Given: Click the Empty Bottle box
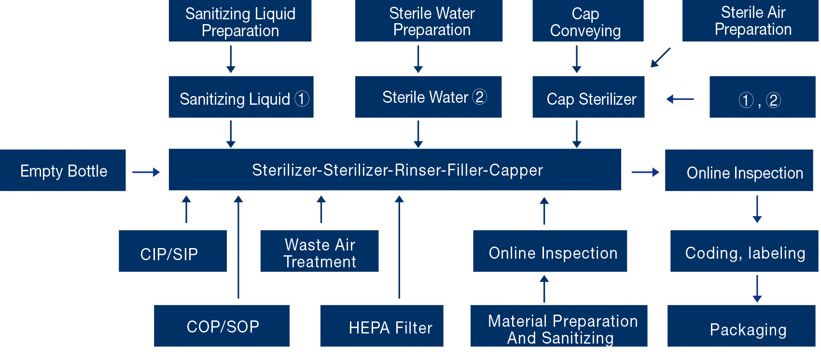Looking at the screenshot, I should coord(63,170).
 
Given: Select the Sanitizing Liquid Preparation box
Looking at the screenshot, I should coord(240,21).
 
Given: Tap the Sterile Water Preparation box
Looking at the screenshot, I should coord(429,21).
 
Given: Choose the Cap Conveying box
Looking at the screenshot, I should coord(587,21).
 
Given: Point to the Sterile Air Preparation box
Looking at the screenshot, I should coord(751,21).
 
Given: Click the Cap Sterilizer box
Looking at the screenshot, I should coord(588,97).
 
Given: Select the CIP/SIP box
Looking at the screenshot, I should coord(173,251).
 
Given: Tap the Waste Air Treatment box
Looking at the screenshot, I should coord(319,251).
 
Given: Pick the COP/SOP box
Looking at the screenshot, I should coord(222,326).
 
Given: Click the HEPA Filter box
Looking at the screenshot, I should coord(381,326).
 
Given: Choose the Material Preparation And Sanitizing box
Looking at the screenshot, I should coord(559,326).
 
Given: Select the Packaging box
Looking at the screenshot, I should coord(741,326).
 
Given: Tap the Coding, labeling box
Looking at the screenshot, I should coord(744,251).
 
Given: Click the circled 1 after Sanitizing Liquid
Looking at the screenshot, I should coord(302,98).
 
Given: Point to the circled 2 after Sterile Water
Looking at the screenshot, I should coord(479,97).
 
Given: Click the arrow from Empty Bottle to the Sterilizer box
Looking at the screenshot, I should coord(146,172).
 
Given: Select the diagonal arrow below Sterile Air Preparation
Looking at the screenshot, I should coord(660,57).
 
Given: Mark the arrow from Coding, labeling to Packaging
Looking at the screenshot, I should coord(757,289).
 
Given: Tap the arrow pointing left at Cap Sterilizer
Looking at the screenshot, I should coord(680,99).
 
